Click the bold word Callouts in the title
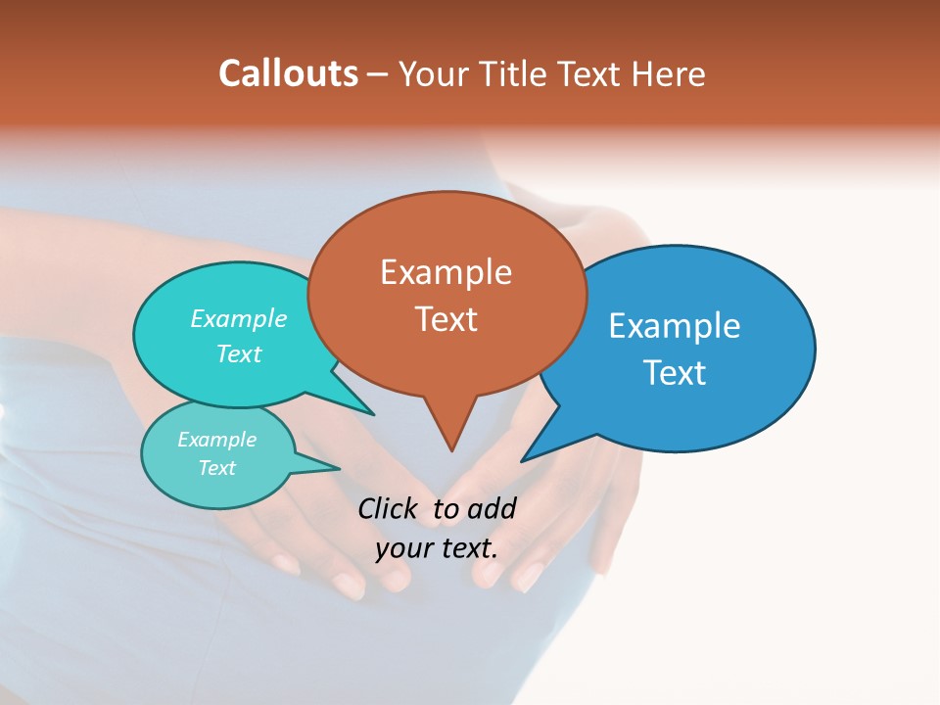288,73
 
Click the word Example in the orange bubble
446,272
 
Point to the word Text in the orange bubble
446,319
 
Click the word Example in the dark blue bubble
675,326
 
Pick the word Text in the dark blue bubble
675,373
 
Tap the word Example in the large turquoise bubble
239,319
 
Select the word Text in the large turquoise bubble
239,353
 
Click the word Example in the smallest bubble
216,440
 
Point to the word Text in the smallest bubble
216,468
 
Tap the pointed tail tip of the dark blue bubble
523,460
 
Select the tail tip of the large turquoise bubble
373,414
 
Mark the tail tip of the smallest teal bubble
339,468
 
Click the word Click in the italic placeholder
390,508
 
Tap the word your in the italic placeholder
403,548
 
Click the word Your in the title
435,73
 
